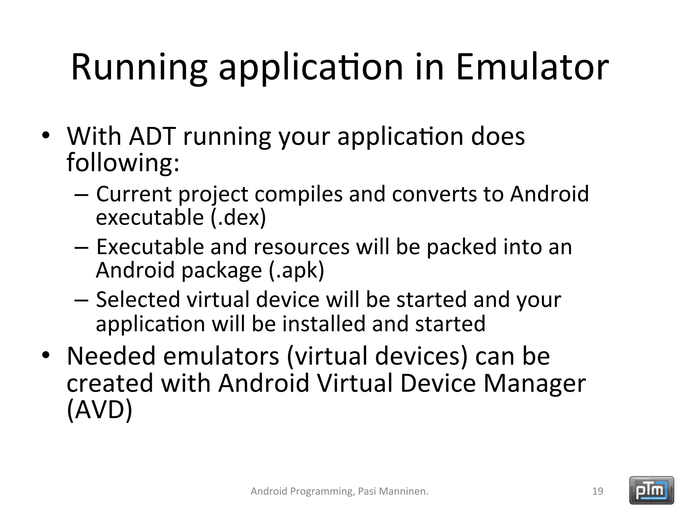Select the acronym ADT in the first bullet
point(152,136)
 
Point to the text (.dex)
point(238,217)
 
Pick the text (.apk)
point(296,270)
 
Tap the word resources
point(301,247)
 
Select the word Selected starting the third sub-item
point(138,300)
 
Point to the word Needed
point(111,356)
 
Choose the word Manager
point(534,383)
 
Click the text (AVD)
point(99,410)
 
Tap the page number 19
point(597,491)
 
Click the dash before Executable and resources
point(81,248)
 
